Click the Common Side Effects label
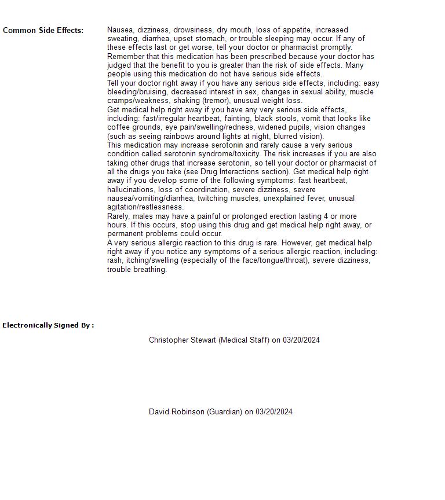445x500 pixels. coord(43,31)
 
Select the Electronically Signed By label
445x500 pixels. coord(48,325)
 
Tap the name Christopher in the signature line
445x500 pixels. coord(169,340)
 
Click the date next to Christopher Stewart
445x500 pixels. coord(301,340)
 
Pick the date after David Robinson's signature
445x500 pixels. coord(274,412)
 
